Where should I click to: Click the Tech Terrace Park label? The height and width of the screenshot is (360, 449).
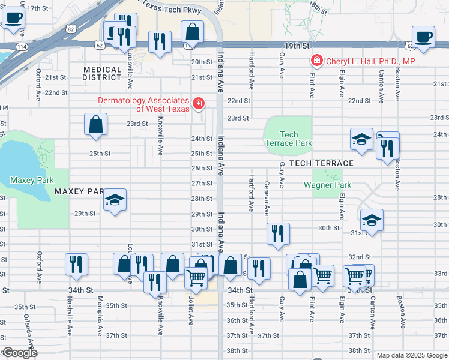288,139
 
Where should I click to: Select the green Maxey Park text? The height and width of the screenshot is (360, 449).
32,180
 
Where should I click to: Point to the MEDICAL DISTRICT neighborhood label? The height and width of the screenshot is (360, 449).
103,73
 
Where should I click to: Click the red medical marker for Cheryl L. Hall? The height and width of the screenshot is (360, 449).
316,61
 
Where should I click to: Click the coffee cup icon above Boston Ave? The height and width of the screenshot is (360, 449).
423,37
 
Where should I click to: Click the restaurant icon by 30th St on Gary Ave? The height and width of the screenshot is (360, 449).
278,233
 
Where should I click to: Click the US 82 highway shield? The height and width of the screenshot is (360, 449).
71,28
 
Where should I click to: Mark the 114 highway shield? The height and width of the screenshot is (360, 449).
21,46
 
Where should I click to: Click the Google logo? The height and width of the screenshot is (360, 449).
20,353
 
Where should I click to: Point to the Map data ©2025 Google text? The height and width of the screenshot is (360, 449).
411,355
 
